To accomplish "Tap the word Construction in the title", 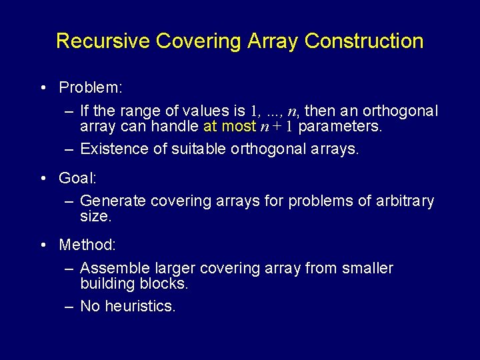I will point(364,41).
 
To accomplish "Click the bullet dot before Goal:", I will point(42,178).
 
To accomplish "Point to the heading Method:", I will point(87,245).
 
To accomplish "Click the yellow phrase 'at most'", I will point(229,126).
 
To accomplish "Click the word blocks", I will point(165,283).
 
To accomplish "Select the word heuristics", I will point(141,306).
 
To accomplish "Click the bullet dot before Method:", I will point(42,245).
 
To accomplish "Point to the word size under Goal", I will point(95,217).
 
